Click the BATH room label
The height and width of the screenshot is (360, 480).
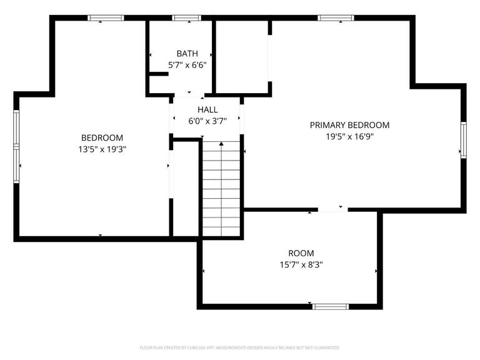(x=187, y=54)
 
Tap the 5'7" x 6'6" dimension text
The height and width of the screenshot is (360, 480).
(x=187, y=64)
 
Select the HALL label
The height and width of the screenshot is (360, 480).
(x=207, y=110)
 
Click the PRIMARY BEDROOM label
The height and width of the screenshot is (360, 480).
(x=349, y=125)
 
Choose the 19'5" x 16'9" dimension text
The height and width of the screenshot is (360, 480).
(x=349, y=136)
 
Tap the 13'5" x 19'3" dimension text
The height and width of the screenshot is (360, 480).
(x=102, y=149)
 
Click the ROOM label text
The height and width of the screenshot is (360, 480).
(x=301, y=253)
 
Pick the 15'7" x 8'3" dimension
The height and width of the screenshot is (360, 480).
(x=301, y=264)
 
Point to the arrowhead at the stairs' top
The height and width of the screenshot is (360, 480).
(x=221, y=144)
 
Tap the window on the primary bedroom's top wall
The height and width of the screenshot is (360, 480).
(x=336, y=18)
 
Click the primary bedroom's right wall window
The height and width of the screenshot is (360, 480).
(x=464, y=139)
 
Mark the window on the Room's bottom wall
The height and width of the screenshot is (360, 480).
(x=330, y=306)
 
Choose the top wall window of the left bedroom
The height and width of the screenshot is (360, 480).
(x=106, y=18)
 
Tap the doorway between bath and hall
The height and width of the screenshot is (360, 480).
(x=188, y=96)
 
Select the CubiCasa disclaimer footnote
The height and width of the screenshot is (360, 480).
(x=240, y=347)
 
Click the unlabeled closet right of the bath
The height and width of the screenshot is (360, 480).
(x=242, y=57)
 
